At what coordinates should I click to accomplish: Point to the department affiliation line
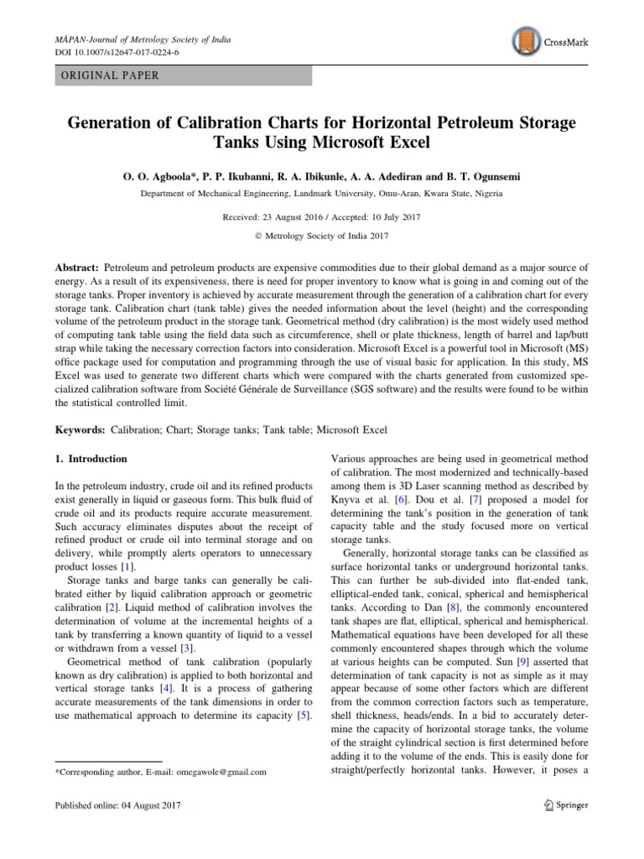(321, 194)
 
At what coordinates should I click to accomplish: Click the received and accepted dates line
(321, 216)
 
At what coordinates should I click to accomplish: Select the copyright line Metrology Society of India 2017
(321, 236)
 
